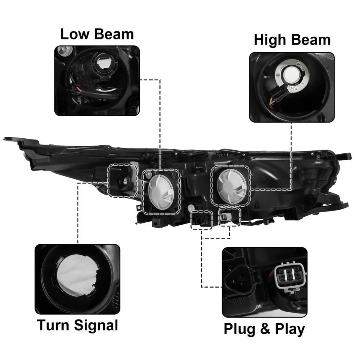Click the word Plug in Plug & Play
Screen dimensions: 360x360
[x=240, y=329]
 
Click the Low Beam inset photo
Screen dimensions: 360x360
[x=97, y=81]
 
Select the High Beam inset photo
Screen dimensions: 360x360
[x=291, y=87]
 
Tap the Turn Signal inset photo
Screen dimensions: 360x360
[x=77, y=279]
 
